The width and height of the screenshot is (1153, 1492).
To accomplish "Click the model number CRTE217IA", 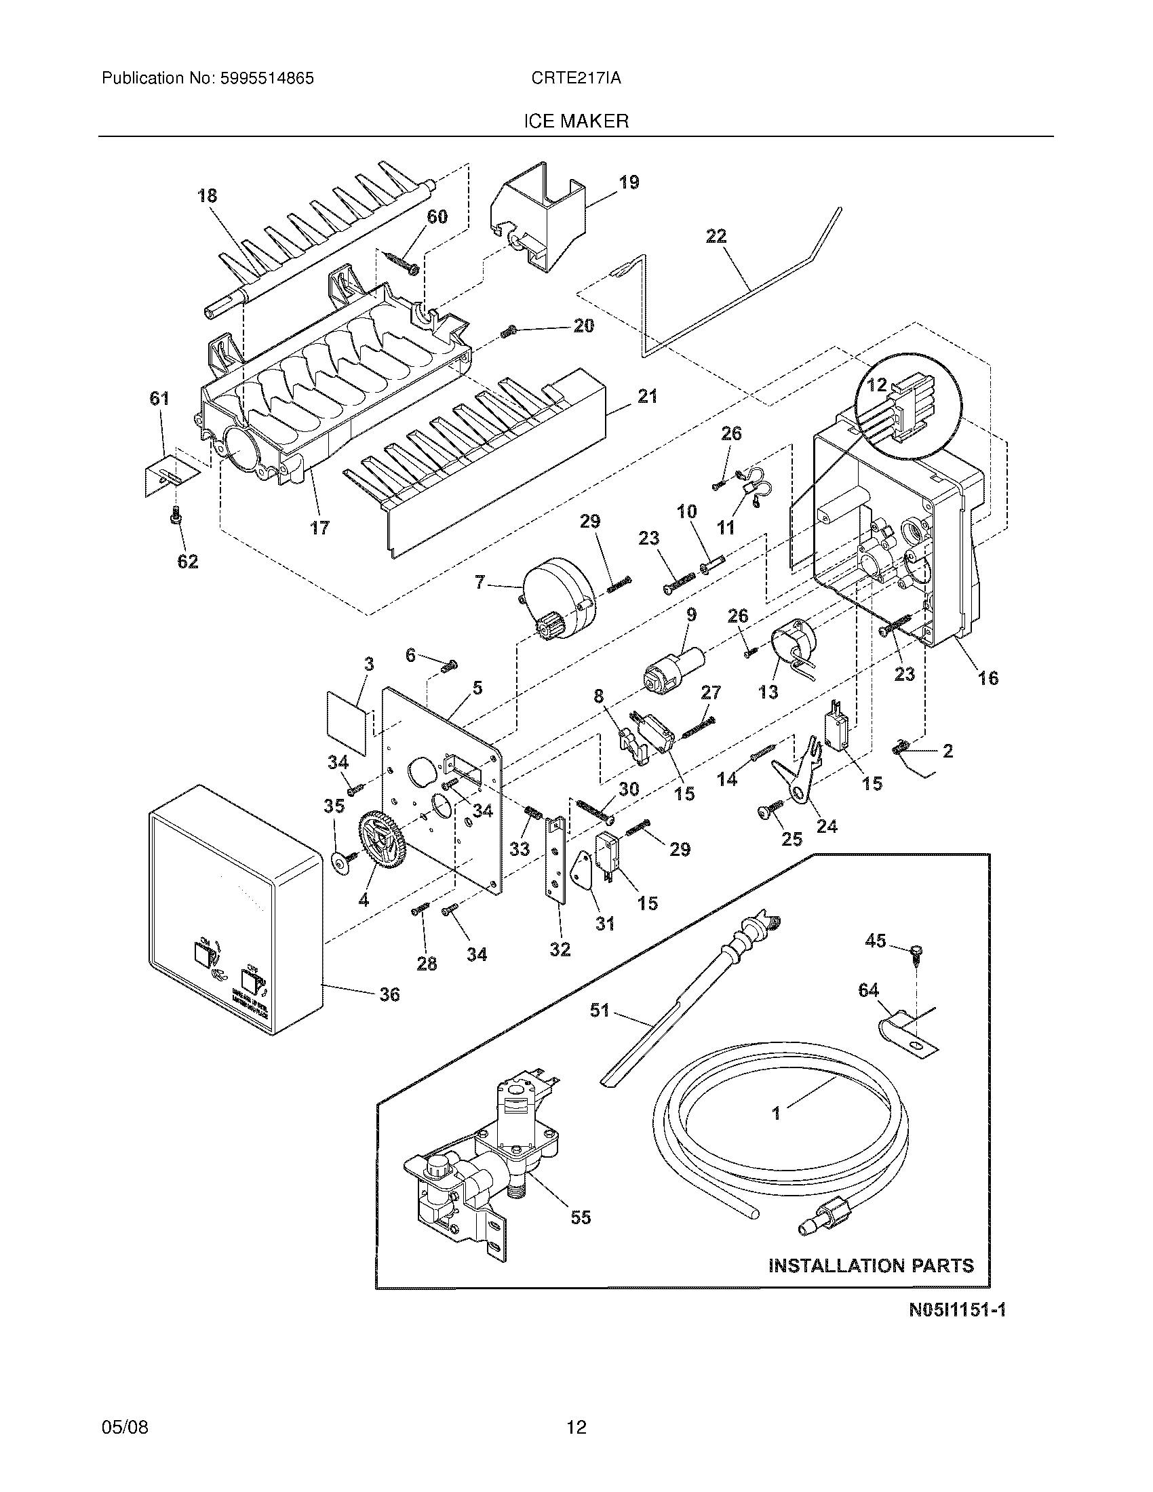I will click(x=576, y=79).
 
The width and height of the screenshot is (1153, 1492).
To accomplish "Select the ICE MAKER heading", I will click(x=576, y=121).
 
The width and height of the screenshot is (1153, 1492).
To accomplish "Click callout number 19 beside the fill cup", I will click(x=629, y=182).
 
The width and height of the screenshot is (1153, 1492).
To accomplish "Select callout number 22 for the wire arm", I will click(x=716, y=237).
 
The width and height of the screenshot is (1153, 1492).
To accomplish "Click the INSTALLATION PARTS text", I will click(x=871, y=1266).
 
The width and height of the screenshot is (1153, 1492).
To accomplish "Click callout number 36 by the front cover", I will click(x=389, y=995).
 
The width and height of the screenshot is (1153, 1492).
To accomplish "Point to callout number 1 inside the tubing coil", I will click(x=776, y=1114).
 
